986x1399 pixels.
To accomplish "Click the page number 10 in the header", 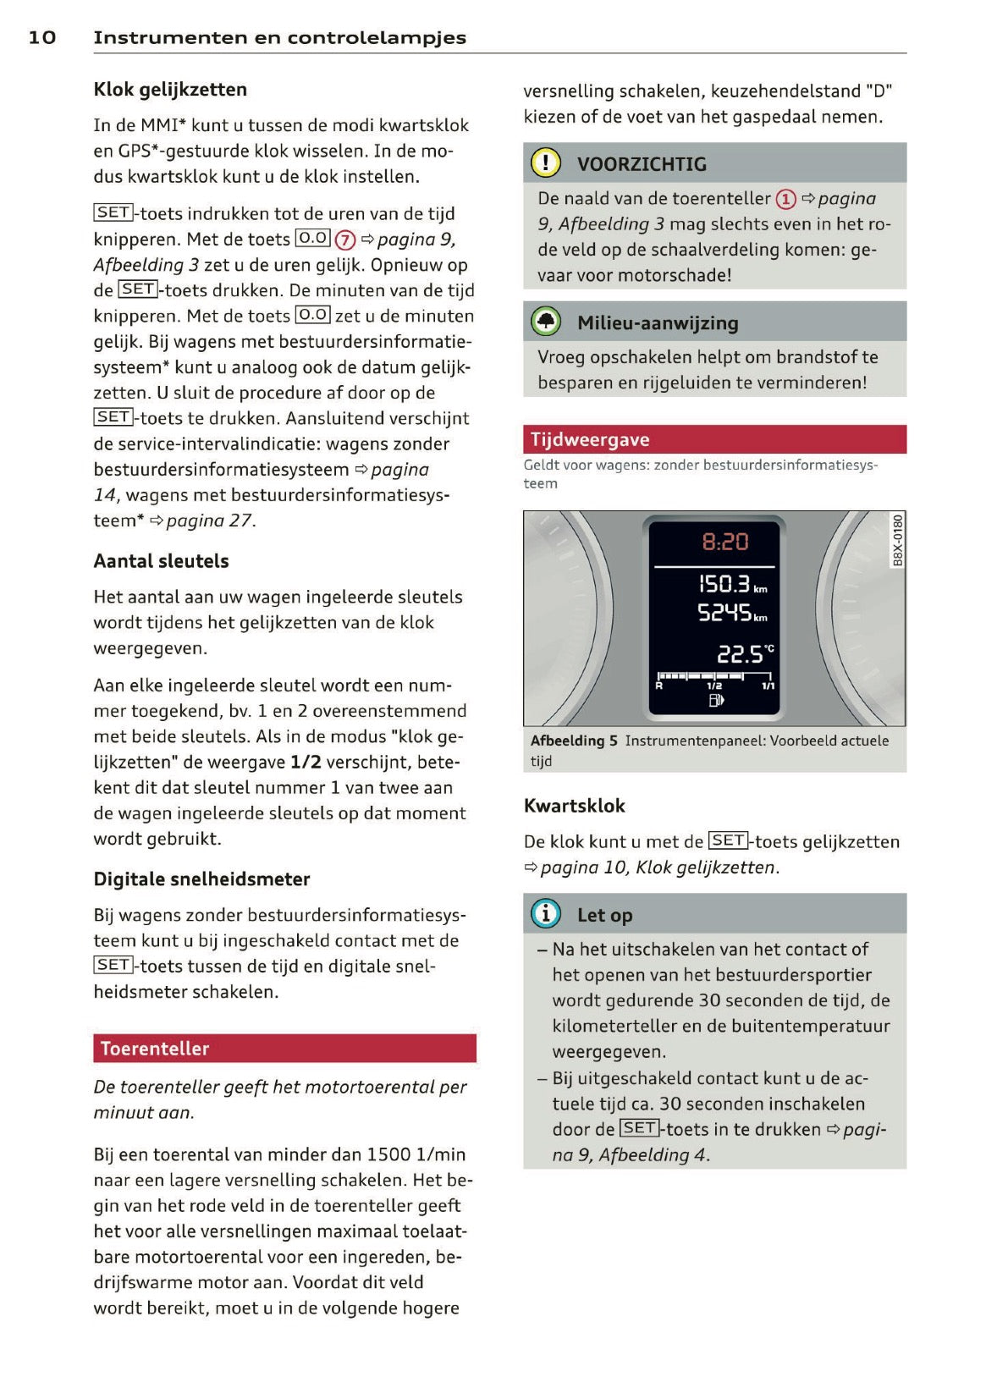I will pos(42,37).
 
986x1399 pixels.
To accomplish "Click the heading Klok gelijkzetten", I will pos(170,90).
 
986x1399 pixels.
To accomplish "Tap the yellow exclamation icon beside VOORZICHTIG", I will pos(546,162).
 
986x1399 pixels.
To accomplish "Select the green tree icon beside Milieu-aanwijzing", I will pos(546,322).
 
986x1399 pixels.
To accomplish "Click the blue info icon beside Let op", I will pos(546,913).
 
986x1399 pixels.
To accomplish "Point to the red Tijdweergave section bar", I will pos(713,439).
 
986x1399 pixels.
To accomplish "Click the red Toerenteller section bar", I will pos(284,1048).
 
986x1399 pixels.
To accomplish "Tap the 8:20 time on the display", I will pos(724,542).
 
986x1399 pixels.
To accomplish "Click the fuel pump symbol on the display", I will pos(716,700).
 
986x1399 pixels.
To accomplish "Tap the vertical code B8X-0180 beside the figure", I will pos(897,540).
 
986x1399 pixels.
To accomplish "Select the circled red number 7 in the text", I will pos(345,240).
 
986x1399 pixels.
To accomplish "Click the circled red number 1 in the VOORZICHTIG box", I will pos(785,200).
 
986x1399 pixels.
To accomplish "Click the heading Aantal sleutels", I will pos(161,561).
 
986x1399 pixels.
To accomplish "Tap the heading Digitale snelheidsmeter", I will pos(201,879).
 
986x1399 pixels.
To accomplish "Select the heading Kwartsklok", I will pos(574,806).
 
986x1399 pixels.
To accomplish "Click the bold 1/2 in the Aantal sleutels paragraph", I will pos(306,763).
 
